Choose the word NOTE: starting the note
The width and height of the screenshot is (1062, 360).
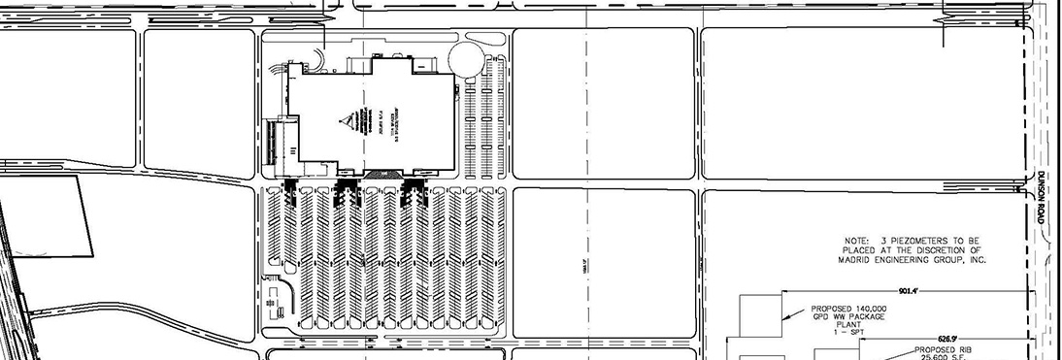[859, 238]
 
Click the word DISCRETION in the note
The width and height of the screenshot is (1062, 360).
[929, 248]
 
